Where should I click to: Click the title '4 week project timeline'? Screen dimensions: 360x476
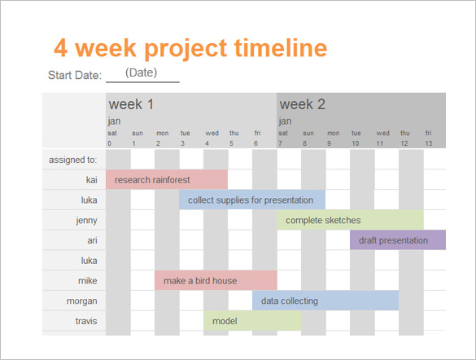(x=190, y=48)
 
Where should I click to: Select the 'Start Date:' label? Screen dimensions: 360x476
(x=75, y=76)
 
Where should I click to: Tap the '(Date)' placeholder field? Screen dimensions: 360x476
(x=141, y=72)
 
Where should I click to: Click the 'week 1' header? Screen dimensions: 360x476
(x=132, y=104)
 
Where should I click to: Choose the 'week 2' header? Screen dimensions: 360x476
(x=303, y=104)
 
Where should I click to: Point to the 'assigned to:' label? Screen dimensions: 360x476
(x=72, y=160)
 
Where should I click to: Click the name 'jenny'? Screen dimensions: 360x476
(x=85, y=220)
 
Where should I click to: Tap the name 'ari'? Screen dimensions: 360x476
(x=92, y=240)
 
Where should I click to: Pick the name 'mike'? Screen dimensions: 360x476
(x=88, y=281)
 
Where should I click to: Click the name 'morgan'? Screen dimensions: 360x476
(x=82, y=301)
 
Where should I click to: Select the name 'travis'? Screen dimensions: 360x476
(x=86, y=321)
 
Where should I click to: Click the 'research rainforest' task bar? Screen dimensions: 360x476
(x=167, y=179)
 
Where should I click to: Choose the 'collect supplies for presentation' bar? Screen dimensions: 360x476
(x=251, y=200)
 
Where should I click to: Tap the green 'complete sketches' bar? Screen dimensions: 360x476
(x=350, y=220)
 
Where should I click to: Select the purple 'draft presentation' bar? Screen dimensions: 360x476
(x=397, y=240)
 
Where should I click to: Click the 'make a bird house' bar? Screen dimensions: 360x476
(x=216, y=281)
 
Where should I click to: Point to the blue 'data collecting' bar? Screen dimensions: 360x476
(x=325, y=301)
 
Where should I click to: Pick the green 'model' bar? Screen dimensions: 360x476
(x=252, y=321)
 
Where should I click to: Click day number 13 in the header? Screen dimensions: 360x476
(x=429, y=143)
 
